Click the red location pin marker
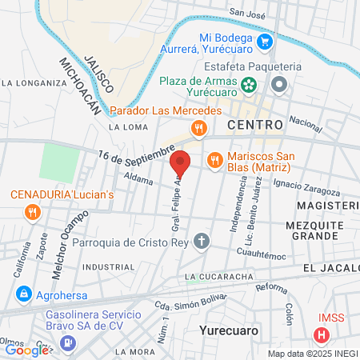[181, 163]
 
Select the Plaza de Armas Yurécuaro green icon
[249, 82]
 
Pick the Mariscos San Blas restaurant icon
[214, 160]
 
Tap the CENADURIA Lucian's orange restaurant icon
[32, 212]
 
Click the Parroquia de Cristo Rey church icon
[203, 241]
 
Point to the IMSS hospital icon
[322, 335]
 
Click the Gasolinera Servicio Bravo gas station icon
[69, 342]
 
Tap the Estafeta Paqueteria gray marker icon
[279, 84]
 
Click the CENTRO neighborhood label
[255, 125]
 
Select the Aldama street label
[139, 181]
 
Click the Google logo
[26, 350]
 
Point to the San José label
[247, 12]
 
